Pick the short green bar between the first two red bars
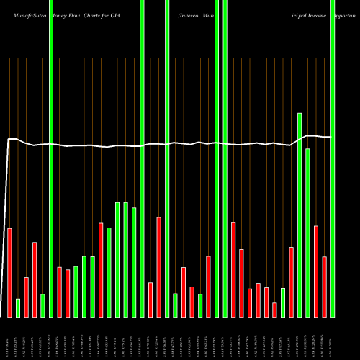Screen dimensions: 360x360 (x=18, y=307)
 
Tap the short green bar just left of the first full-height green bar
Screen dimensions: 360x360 (x=42, y=305)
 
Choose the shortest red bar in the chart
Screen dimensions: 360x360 (x=274, y=310)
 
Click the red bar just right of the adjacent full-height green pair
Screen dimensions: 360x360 (x=233, y=269)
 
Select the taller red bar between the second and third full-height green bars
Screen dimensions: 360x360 (x=158, y=266)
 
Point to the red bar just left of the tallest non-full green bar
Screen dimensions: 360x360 (x=291, y=282)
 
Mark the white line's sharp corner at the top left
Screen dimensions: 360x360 (x=9, y=139)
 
